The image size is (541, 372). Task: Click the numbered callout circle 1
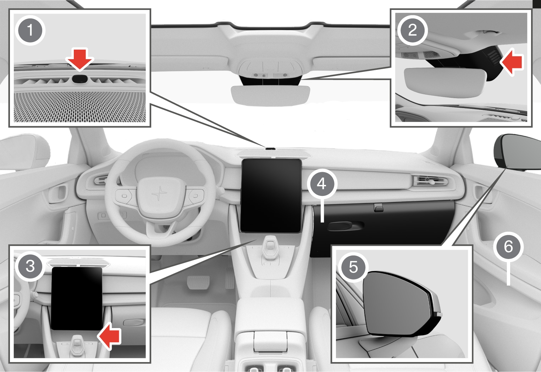click(30, 30)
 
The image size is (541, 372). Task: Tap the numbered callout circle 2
click(413, 30)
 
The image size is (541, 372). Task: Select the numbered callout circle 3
click(30, 266)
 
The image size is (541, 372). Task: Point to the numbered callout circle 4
click(322, 184)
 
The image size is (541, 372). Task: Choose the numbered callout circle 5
click(353, 267)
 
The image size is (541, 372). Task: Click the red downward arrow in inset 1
click(79, 60)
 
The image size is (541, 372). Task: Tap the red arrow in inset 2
click(511, 62)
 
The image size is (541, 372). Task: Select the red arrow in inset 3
click(109, 336)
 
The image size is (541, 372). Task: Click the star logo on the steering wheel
click(159, 193)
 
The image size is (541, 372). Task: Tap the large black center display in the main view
click(271, 196)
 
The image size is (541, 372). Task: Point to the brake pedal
click(198, 282)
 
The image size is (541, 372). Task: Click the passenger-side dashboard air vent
click(431, 181)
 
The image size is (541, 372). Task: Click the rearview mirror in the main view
click(270, 96)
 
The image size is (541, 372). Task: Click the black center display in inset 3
click(77, 298)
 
